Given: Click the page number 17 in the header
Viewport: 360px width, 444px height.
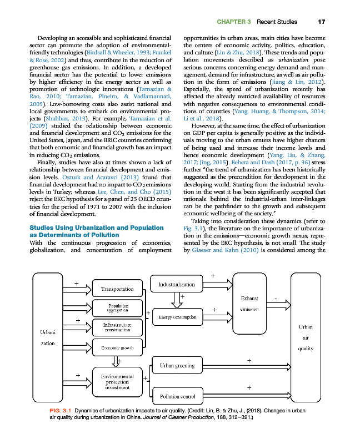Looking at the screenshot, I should pos(321,22).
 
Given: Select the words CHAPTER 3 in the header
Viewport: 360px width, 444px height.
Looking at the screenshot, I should pos(230,22).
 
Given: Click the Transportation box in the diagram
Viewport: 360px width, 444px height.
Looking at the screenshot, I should pos(117,289).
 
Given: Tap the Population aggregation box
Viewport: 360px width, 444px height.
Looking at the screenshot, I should pos(117,308).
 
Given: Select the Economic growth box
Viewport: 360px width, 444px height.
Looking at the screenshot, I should pos(117,349).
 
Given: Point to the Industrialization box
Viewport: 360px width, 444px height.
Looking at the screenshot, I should pos(177,285).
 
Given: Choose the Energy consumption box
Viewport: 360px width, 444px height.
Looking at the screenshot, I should pos(177,317).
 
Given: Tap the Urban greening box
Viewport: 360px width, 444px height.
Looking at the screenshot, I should pos(177,366).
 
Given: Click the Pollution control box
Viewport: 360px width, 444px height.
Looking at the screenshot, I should pos(177,396).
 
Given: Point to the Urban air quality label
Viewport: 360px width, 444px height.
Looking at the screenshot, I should pos(306,338).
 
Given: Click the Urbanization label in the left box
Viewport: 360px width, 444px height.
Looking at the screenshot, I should pos(47,338).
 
